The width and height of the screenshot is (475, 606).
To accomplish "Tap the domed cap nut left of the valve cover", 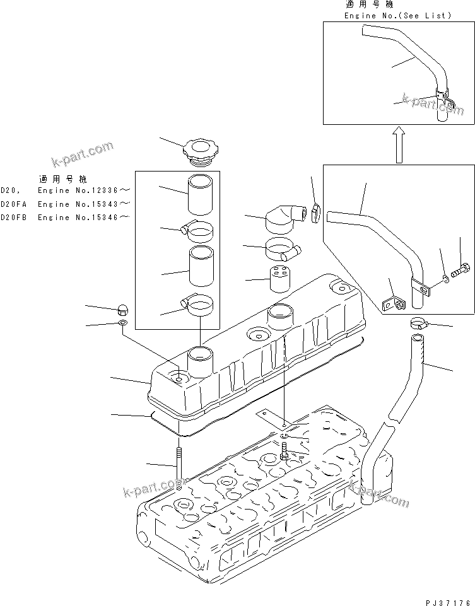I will coord(124,309).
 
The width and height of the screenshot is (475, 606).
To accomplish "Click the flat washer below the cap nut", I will coord(122,323).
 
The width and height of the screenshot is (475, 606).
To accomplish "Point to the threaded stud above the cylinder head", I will coord(179,467).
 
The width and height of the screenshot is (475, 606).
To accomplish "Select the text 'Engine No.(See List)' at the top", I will coord(397,15).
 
